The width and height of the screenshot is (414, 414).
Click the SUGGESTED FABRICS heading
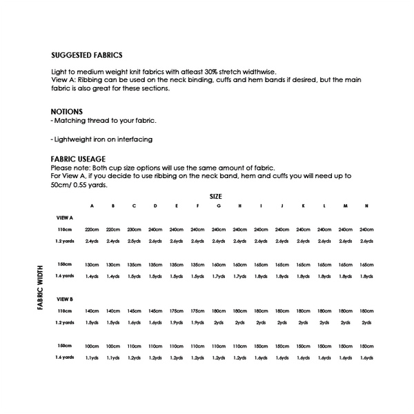87,56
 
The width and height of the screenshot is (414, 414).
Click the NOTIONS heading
67,111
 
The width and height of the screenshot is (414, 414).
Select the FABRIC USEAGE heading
79,158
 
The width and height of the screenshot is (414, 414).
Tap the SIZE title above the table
215,197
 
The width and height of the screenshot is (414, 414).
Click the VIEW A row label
65,217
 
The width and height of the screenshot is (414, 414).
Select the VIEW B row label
65,299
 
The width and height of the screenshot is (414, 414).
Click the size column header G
219,206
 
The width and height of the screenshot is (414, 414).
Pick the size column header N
366,206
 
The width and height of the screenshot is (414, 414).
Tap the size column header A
92,206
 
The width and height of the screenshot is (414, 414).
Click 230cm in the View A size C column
134,229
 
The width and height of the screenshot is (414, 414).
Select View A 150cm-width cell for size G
219,264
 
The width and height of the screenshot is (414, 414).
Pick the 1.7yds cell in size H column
239,276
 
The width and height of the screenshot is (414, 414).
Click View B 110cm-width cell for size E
177,311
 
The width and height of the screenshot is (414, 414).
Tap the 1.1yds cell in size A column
92,357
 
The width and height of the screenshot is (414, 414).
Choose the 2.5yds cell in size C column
134,241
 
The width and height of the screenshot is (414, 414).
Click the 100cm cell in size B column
112,346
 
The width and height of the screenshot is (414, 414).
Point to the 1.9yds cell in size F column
197,322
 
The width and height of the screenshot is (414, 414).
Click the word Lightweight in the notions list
74,140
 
